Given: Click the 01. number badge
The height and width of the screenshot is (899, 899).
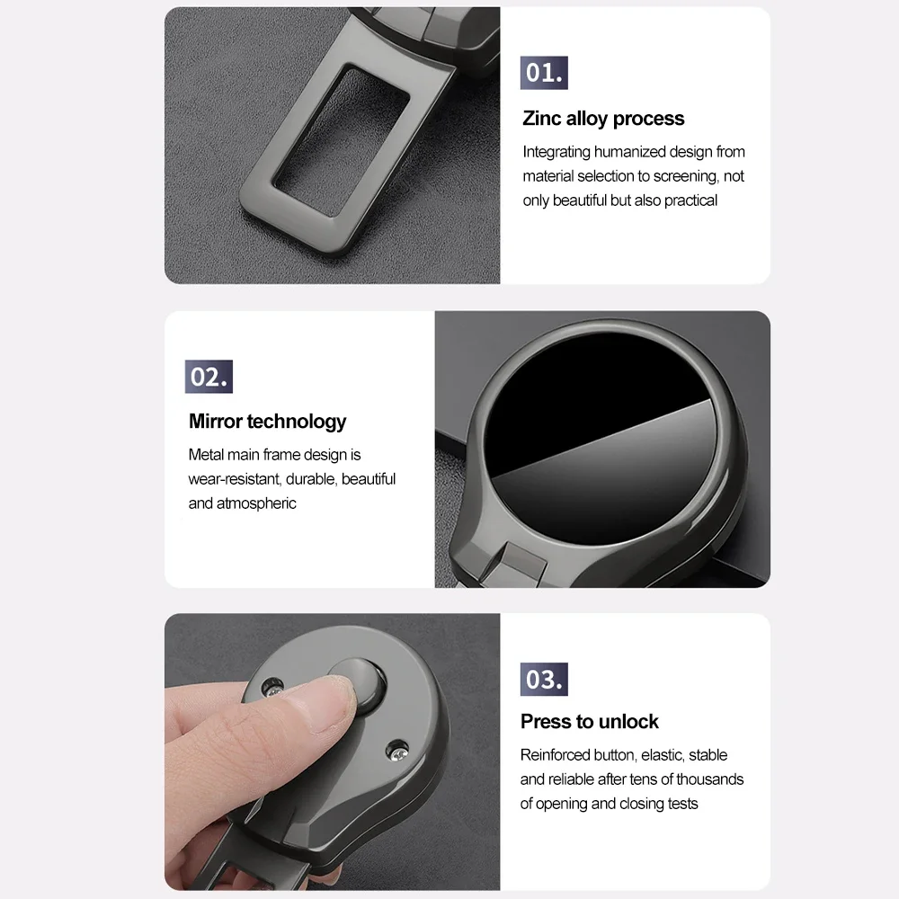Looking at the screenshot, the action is coord(544,73).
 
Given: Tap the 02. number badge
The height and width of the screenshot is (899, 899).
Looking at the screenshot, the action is coord(209,377).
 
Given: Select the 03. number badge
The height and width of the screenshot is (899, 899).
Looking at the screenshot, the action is coord(544,680).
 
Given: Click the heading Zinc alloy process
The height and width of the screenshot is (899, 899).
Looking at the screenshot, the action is coord(603,119).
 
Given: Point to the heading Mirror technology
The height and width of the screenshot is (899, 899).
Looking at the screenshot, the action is coord(267,422).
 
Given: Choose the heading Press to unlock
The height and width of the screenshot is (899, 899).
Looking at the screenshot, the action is coord(590,721).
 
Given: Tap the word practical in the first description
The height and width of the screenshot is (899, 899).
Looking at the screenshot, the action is coord(690,200).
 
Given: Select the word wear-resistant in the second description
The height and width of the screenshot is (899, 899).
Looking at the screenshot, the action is coord(235,479).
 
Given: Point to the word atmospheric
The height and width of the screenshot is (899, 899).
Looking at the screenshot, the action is coord(256,503).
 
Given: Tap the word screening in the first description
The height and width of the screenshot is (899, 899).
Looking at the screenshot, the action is coord(685,176).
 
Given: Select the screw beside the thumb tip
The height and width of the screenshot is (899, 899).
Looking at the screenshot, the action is coord(272,687).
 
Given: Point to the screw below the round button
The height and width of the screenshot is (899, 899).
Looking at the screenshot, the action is coord(396,751).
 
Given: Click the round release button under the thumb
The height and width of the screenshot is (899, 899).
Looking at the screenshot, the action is coord(361,685).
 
